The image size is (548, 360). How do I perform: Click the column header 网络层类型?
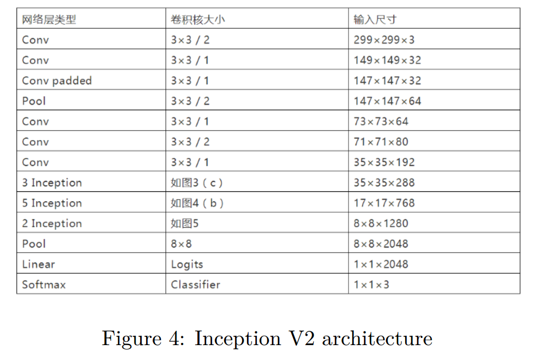click(49, 20)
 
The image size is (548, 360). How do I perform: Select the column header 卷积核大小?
click(198, 20)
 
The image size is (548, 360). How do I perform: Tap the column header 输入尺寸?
click(375, 20)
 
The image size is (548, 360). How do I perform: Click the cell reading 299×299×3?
click(384, 40)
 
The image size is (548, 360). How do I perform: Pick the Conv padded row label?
click(57, 80)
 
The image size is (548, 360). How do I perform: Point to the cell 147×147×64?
click(388, 101)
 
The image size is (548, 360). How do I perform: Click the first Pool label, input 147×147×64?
click(34, 101)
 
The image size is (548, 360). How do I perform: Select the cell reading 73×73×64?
click(381, 121)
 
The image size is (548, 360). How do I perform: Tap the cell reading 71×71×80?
click(381, 142)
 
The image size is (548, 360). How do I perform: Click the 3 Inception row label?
click(52, 182)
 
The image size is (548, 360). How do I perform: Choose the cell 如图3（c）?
click(197, 182)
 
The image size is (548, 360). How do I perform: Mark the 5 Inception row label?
click(52, 203)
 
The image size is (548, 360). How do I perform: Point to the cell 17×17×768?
click(384, 203)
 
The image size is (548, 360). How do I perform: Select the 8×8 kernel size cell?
click(181, 244)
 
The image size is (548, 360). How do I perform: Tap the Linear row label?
click(39, 264)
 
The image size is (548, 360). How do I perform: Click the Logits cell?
click(187, 264)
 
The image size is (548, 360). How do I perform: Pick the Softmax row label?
click(44, 284)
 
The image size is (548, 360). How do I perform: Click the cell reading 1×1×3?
click(371, 284)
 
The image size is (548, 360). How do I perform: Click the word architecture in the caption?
click(377, 338)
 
